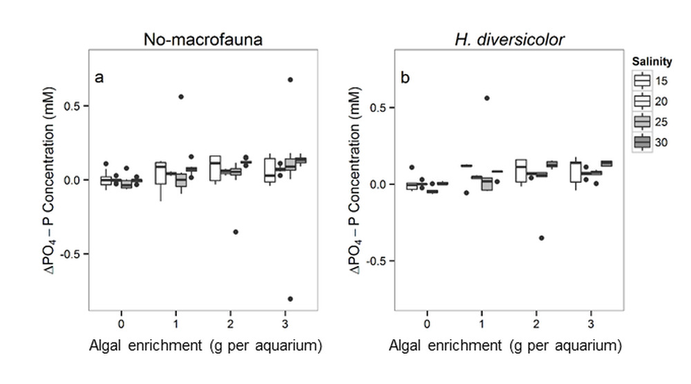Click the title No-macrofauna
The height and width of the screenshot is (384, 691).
click(x=202, y=39)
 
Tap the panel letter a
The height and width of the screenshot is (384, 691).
click(x=100, y=77)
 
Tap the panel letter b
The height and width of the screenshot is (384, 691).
click(x=405, y=77)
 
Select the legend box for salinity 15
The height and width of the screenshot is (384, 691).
click(x=642, y=81)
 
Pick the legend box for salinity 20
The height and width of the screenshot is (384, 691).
click(x=642, y=102)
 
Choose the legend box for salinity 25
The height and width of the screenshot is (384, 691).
click(x=642, y=122)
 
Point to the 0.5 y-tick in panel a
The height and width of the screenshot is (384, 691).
click(x=75, y=106)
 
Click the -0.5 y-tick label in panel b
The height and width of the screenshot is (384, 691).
click(x=379, y=261)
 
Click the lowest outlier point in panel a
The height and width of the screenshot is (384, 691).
click(x=290, y=299)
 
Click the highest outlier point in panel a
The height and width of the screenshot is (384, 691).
click(x=290, y=80)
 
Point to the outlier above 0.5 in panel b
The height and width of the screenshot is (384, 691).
click(x=486, y=98)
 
